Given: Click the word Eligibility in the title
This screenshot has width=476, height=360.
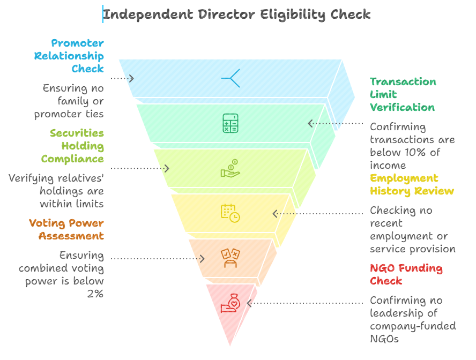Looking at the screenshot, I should pos(294,14).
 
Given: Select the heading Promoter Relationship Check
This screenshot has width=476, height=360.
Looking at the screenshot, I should pos(69,56).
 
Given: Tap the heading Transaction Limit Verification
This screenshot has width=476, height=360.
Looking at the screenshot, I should pos(403,94).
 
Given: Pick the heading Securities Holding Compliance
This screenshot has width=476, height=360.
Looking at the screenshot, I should pos(73,146).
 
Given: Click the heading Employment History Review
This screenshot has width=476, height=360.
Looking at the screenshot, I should pos(412,184).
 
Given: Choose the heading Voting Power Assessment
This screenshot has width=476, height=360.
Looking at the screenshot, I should pos(66,229).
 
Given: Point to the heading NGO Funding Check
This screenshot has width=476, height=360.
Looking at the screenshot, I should pos(406,274).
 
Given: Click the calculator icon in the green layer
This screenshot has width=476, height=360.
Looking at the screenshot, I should pos(230,123).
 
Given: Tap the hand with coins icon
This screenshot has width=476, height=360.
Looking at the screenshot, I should pos(230,169).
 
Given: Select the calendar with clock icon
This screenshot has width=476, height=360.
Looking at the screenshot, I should pos(230,213).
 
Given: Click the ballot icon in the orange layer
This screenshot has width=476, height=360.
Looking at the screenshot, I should pos(230,258).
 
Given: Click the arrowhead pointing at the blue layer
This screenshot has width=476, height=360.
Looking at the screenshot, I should pos(131,78).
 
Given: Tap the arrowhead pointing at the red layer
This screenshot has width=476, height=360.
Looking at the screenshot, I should pos(250,304).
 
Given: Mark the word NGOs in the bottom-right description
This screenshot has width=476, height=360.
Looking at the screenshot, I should pos(384,339).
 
